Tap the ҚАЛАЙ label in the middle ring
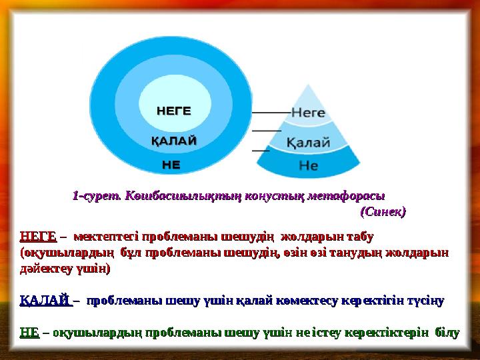(x=173, y=141)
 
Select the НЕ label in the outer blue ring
(x=171, y=163)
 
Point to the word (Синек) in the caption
(x=383, y=212)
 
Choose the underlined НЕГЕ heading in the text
(x=38, y=237)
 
